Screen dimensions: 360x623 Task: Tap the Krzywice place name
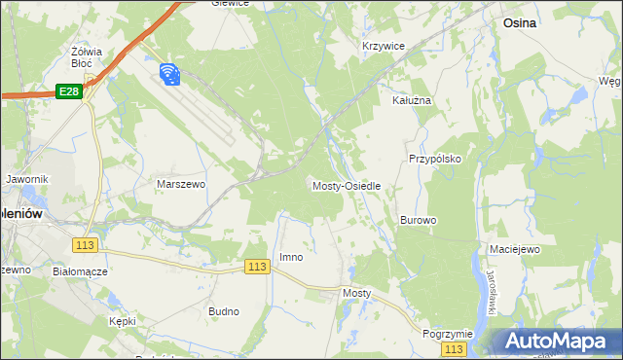383,46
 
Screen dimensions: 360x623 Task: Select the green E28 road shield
68,91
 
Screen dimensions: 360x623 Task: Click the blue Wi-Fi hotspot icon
168,73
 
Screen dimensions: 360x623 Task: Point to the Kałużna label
411,100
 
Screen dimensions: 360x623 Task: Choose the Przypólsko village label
434,158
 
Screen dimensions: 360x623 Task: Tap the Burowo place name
418,220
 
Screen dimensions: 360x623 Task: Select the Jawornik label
26,180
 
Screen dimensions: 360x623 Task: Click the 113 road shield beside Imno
257,267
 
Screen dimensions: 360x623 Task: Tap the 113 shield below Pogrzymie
453,348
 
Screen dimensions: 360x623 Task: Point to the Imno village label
291,257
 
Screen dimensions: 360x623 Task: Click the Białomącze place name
80,272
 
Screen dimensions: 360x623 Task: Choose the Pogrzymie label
447,333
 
